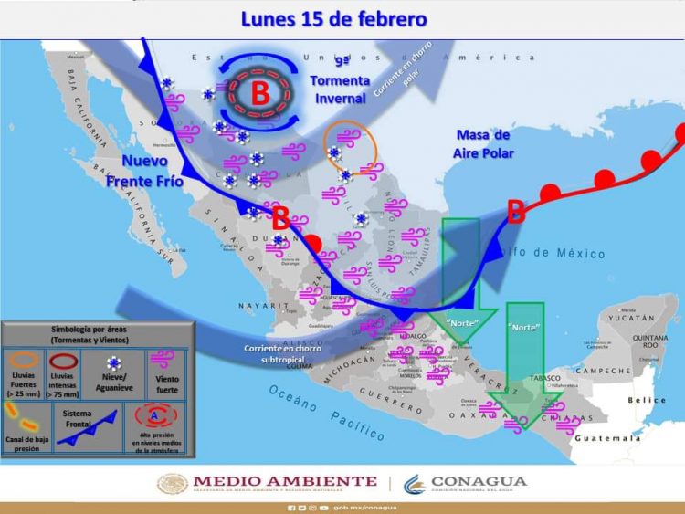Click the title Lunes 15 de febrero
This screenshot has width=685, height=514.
point(333,18)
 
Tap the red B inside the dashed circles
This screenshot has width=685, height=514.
point(260,93)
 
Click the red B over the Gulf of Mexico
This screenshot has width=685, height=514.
point(516,212)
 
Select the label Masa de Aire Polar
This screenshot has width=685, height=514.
point(483,144)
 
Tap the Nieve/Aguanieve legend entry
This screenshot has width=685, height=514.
point(114,374)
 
